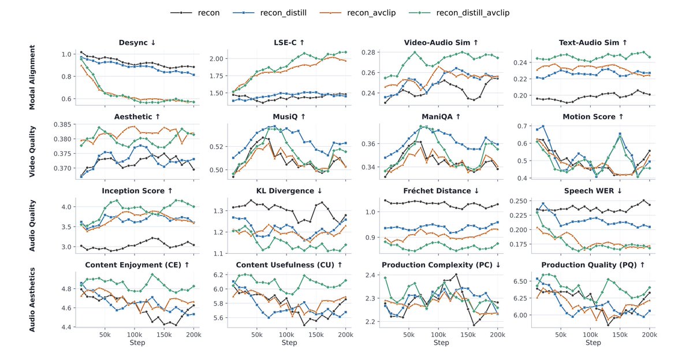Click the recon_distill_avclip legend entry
coord(459,13)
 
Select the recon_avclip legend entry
coord(357,13)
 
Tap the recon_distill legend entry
coord(270,13)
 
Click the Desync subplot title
coord(137,42)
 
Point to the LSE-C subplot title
coord(289,42)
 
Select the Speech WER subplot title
coord(593,191)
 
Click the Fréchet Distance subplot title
coord(441,191)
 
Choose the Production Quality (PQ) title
coord(593,265)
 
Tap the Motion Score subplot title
coord(593,117)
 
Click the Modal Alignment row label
coord(32,77)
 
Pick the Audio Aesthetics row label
coord(32,300)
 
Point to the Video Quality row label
coord(32,151)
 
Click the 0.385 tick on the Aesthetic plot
coord(62,124)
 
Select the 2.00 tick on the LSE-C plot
coord(217,59)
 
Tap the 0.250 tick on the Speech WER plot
coord(518,201)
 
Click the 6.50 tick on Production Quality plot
coord(520,281)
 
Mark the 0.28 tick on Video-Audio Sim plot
coord(368,53)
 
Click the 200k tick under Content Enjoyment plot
coord(193,335)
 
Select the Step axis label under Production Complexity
coord(441,343)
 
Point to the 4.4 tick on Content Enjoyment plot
coord(67,327)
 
